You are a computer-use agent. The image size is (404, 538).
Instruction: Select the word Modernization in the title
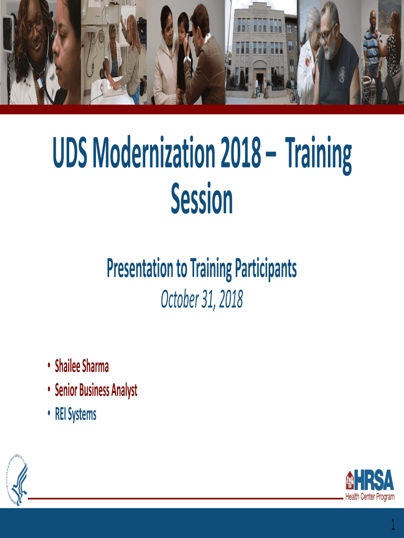(x=154, y=152)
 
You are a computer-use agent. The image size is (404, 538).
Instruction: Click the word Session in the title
(x=202, y=198)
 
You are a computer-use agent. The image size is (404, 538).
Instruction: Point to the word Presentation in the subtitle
(x=140, y=268)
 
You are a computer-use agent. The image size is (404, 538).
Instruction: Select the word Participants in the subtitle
(x=265, y=268)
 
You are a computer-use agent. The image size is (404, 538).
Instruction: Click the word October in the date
(x=179, y=299)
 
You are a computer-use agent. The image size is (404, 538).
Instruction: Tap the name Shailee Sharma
(x=82, y=366)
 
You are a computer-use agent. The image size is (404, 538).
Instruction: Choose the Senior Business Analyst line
(x=96, y=390)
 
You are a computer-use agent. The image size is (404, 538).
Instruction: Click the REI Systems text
(x=76, y=414)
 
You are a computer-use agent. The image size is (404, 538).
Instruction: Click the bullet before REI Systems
(x=49, y=414)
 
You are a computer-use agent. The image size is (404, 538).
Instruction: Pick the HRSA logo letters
(x=374, y=480)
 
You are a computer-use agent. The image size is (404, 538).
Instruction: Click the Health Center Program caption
(x=370, y=496)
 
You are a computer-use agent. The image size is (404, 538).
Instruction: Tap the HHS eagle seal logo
(x=16, y=479)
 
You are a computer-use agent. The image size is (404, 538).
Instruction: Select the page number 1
(x=393, y=525)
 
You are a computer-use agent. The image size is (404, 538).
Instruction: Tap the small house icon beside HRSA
(x=349, y=480)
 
